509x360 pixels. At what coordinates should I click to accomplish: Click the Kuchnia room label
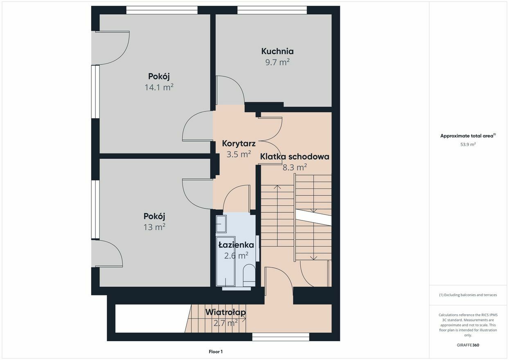tap(277, 51)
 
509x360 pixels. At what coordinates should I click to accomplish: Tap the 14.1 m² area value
tap(159, 87)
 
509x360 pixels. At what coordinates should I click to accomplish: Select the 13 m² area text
tap(154, 227)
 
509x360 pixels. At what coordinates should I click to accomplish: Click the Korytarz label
tap(239, 144)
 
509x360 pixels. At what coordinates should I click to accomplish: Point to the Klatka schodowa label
tap(295, 157)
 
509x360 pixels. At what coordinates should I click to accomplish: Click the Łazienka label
tap(236, 245)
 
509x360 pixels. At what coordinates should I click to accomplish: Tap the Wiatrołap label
tap(225, 312)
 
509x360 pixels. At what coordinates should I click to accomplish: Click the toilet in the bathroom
tap(249, 275)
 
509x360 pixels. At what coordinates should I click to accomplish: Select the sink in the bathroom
tap(221, 224)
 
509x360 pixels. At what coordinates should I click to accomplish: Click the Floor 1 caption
tap(216, 351)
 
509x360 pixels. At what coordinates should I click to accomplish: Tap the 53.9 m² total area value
tap(468, 144)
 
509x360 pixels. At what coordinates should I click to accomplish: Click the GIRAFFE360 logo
tap(468, 345)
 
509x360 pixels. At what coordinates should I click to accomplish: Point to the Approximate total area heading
tap(468, 136)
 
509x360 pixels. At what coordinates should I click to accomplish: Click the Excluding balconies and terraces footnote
tap(468, 295)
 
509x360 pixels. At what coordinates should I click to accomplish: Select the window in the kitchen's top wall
tap(272, 10)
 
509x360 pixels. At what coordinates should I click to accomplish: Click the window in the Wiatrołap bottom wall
tap(281, 337)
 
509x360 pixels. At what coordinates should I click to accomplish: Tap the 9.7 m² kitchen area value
tap(277, 62)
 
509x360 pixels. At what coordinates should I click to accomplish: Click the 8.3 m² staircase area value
tap(295, 167)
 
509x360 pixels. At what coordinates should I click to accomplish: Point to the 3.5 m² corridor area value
tap(239, 154)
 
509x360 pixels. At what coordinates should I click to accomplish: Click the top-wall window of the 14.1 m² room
tap(162, 10)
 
